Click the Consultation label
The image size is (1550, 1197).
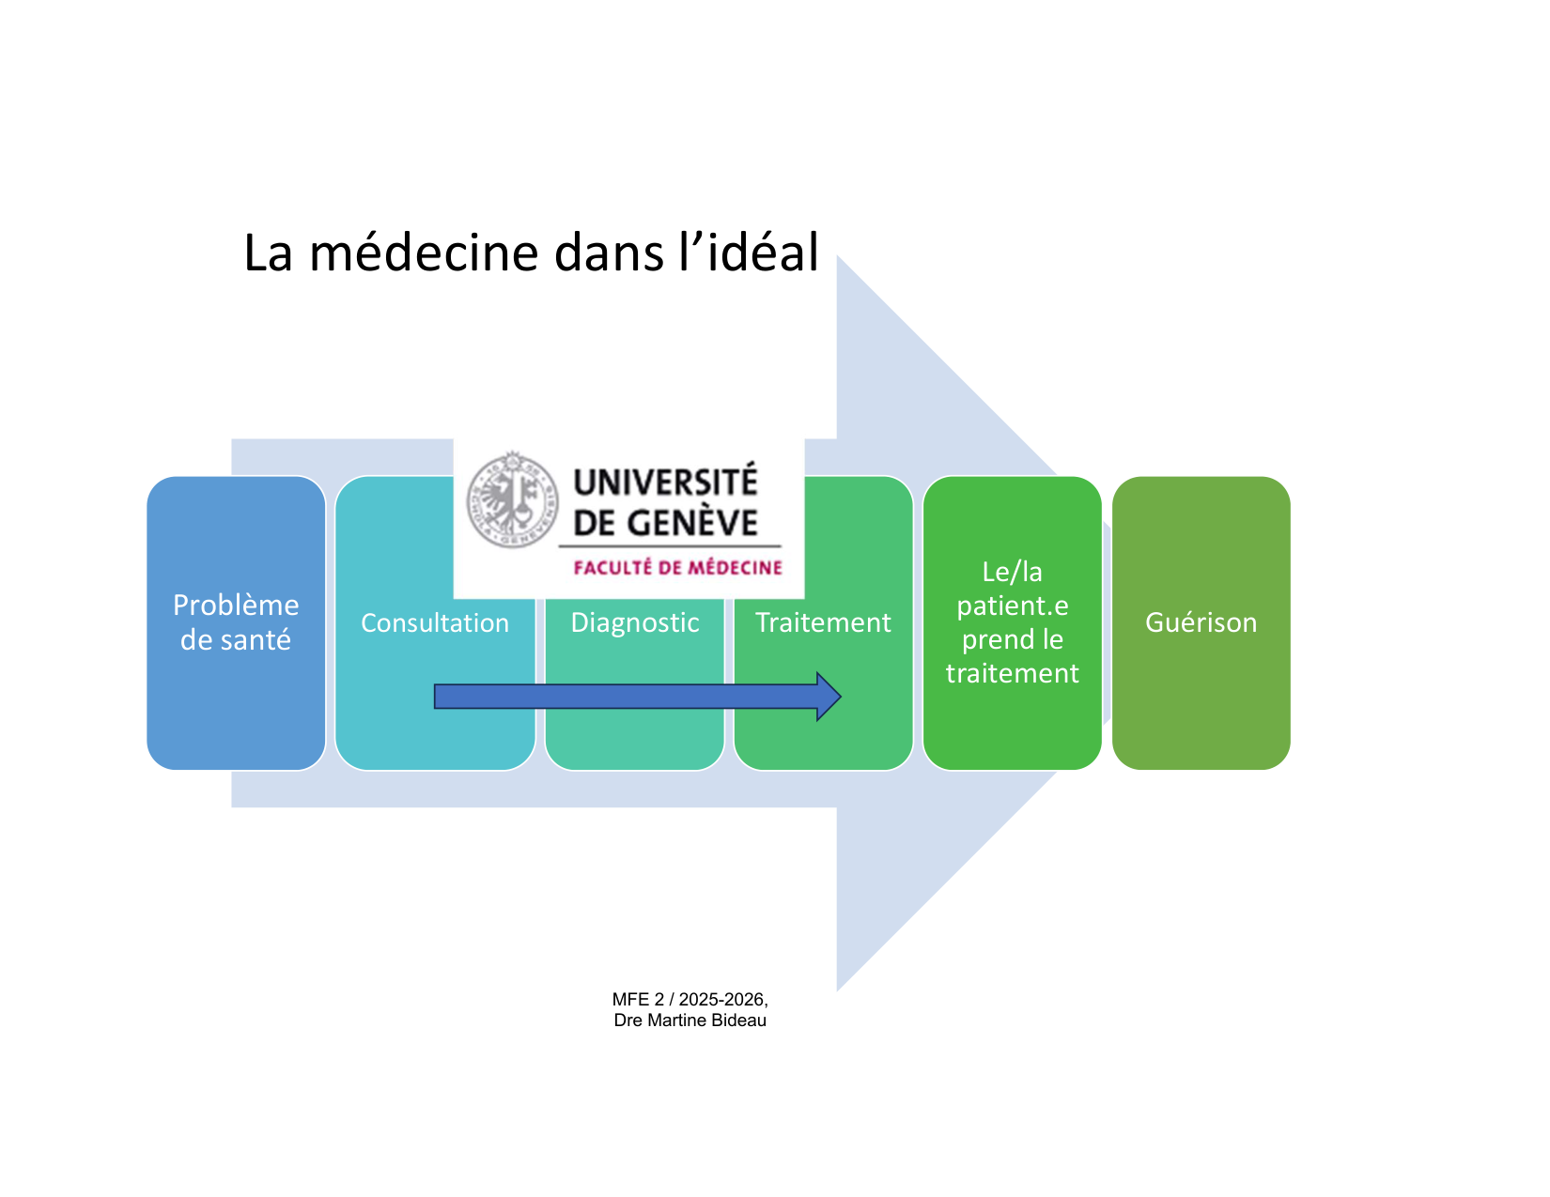(x=435, y=622)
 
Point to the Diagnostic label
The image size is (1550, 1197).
(x=635, y=622)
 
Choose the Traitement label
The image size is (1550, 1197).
(x=823, y=622)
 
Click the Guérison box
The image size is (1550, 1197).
(x=1201, y=622)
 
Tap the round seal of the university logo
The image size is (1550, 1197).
(x=512, y=499)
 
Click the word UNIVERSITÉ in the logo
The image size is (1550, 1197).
(x=665, y=483)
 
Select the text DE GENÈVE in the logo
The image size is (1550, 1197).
(x=665, y=523)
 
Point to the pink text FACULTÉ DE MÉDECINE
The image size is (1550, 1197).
(x=677, y=568)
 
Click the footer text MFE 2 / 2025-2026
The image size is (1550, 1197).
(x=690, y=1000)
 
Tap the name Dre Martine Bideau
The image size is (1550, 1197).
(x=690, y=1021)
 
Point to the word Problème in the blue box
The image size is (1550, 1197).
(x=236, y=606)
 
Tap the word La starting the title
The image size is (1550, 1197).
(x=268, y=253)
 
